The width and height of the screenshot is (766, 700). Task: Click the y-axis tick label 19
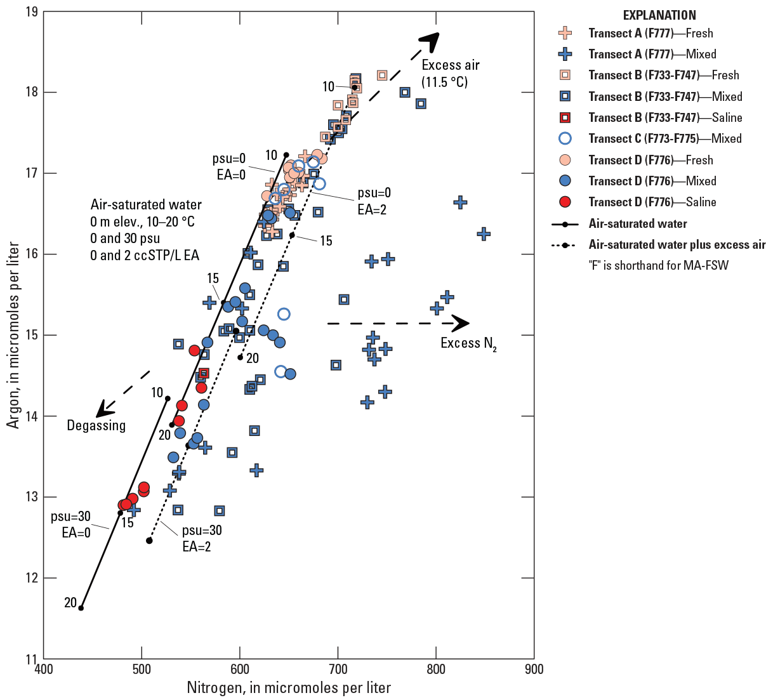30,11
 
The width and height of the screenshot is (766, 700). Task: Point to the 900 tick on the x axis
534,669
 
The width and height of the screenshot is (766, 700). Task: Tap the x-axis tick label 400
43,669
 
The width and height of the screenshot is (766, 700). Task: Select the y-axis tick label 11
30,659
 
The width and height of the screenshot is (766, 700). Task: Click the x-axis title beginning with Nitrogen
289,687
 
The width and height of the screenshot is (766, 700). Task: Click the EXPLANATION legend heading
659,15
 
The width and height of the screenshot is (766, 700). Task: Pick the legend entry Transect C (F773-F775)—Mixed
665,138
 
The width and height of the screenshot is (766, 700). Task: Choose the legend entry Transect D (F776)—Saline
652,202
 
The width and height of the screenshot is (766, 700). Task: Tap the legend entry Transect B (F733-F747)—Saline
665,117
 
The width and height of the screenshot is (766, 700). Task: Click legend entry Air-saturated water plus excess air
677,244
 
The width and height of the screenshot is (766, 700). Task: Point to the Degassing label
96,425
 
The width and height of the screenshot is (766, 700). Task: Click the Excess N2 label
468,343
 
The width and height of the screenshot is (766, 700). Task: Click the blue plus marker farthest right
484,234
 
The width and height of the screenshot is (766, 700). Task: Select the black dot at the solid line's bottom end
81,608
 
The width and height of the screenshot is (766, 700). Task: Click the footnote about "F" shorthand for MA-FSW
659,265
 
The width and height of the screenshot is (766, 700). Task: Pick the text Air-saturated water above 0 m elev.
146,205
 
